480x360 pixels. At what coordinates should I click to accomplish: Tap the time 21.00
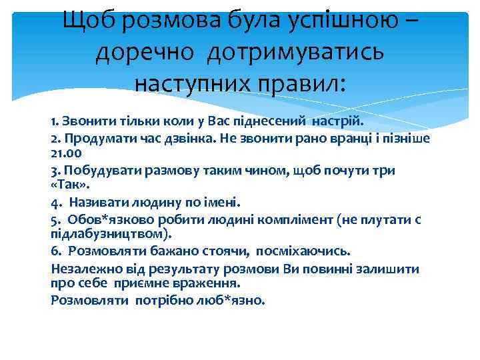click(x=68, y=153)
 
